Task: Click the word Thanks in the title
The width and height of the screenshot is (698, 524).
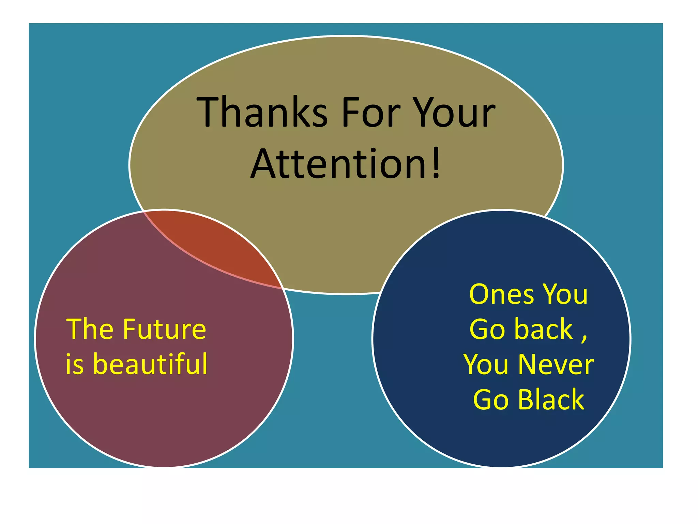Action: click(262, 113)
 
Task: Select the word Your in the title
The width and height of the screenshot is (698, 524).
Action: click(455, 113)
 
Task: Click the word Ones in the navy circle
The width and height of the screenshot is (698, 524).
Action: click(501, 294)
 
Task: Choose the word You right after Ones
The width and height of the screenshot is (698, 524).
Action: click(565, 294)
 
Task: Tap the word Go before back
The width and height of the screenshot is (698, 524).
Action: click(487, 330)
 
